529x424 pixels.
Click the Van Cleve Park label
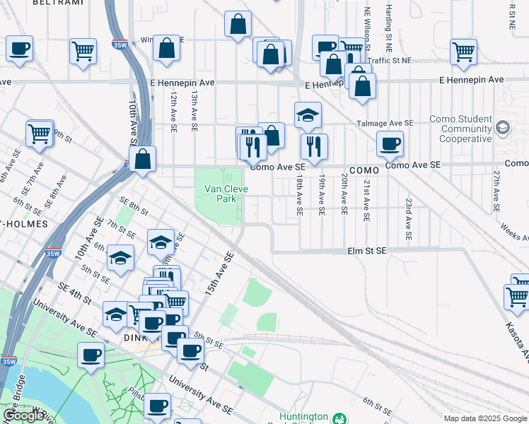(226, 194)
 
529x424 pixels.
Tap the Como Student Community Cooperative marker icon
(503, 128)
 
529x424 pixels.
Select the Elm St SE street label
(366, 251)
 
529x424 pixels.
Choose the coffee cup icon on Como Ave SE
(390, 145)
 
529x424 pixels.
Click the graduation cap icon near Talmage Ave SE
(308, 115)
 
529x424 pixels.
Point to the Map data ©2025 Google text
(485, 418)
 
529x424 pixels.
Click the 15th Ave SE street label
(220, 276)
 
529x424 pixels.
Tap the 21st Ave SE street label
(366, 201)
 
